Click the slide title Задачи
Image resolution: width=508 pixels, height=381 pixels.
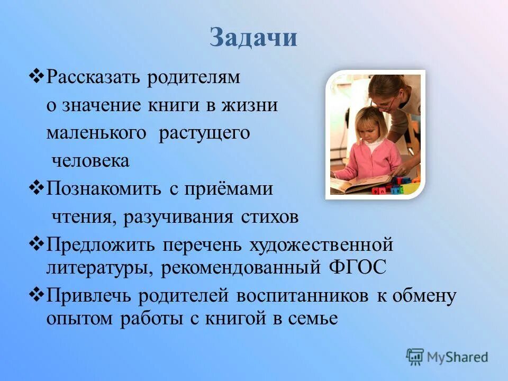(x=253, y=39)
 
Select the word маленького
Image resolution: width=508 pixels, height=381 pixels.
(x=96, y=133)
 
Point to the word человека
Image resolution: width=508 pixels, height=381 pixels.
(x=90, y=161)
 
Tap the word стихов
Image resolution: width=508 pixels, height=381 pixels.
(x=270, y=217)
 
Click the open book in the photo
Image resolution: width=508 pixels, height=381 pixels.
(x=360, y=184)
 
